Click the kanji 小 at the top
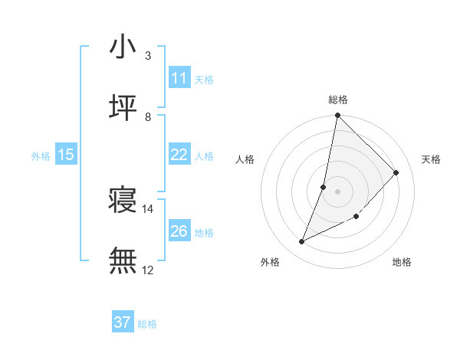[123, 47]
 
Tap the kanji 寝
[123, 201]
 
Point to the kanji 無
[123, 261]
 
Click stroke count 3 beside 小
[148, 55]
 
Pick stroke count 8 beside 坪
[148, 116]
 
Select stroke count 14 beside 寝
[148, 209]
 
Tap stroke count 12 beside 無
[148, 270]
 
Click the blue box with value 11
[179, 78]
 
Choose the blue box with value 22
[179, 155]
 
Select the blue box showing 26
[179, 231]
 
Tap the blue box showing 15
[66, 155]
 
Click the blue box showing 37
[123, 322]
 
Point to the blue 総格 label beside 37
[147, 324]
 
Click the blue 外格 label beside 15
[41, 155]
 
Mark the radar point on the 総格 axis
[337, 116]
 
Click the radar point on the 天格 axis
[396, 172]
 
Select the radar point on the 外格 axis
[301, 242]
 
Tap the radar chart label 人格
[245, 159]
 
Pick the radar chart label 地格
[402, 263]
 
